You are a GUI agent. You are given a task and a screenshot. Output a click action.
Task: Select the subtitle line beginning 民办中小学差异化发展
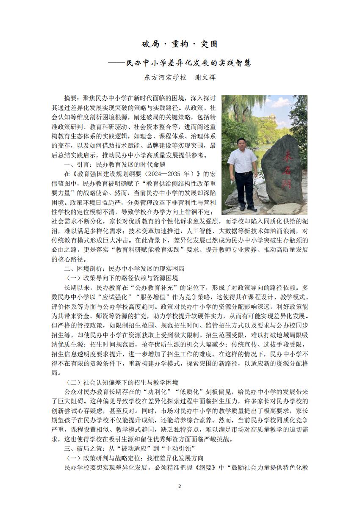(x=188, y=63)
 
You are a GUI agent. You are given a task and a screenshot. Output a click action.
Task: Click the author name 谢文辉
(x=208, y=78)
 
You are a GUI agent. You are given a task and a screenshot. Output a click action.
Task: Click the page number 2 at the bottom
(x=179, y=486)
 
